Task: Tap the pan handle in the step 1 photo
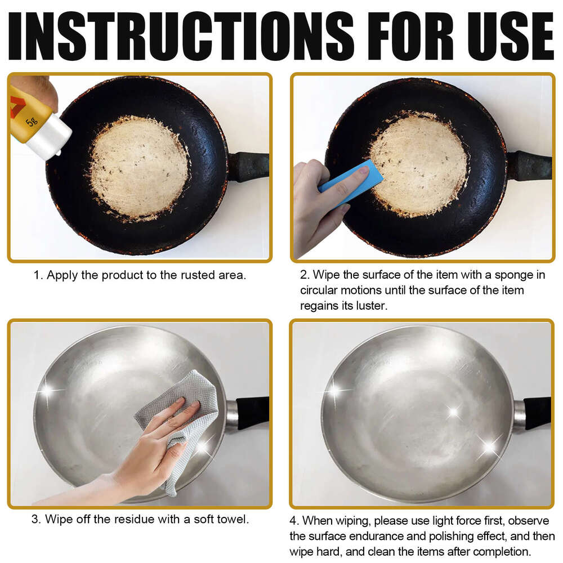point(248,166)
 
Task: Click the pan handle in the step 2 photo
point(529,166)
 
